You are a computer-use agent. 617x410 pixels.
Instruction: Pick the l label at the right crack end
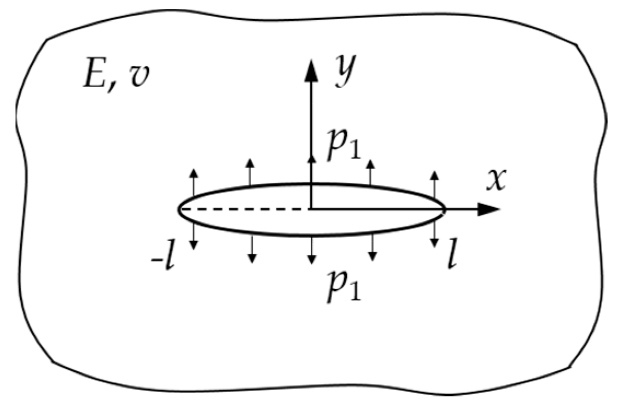tap(451, 259)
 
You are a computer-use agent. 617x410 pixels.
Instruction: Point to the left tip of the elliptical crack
tap(178, 209)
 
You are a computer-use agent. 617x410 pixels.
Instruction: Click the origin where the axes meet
tap(311, 209)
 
